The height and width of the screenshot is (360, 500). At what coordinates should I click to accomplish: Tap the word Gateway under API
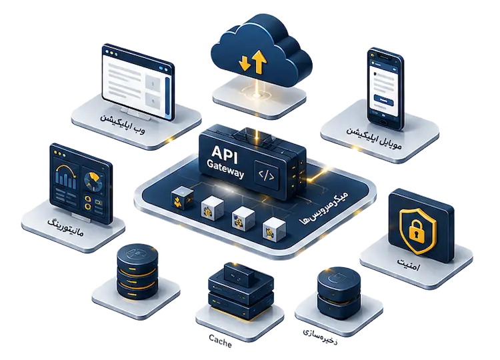coord(225,169)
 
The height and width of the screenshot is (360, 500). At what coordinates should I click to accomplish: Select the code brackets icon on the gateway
coord(266,175)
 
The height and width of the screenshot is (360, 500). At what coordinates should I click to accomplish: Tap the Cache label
coord(221,340)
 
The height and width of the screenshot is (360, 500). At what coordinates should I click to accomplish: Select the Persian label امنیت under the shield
coord(408,265)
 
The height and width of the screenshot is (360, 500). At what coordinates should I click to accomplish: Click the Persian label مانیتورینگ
coord(66,227)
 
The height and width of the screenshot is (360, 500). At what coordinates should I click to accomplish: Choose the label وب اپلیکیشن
coord(123,123)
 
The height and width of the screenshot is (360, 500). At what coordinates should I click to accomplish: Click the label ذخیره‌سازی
coord(320,337)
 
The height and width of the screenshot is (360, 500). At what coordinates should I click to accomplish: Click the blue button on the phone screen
coord(384,99)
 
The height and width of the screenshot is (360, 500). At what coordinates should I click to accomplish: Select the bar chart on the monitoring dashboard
coord(66,176)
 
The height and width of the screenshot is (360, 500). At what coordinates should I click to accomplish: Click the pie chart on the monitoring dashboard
coord(93,180)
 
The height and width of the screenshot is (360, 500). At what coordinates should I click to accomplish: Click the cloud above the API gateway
coord(261,53)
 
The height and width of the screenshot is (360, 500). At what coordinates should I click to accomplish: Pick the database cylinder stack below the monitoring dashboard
coord(137,271)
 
